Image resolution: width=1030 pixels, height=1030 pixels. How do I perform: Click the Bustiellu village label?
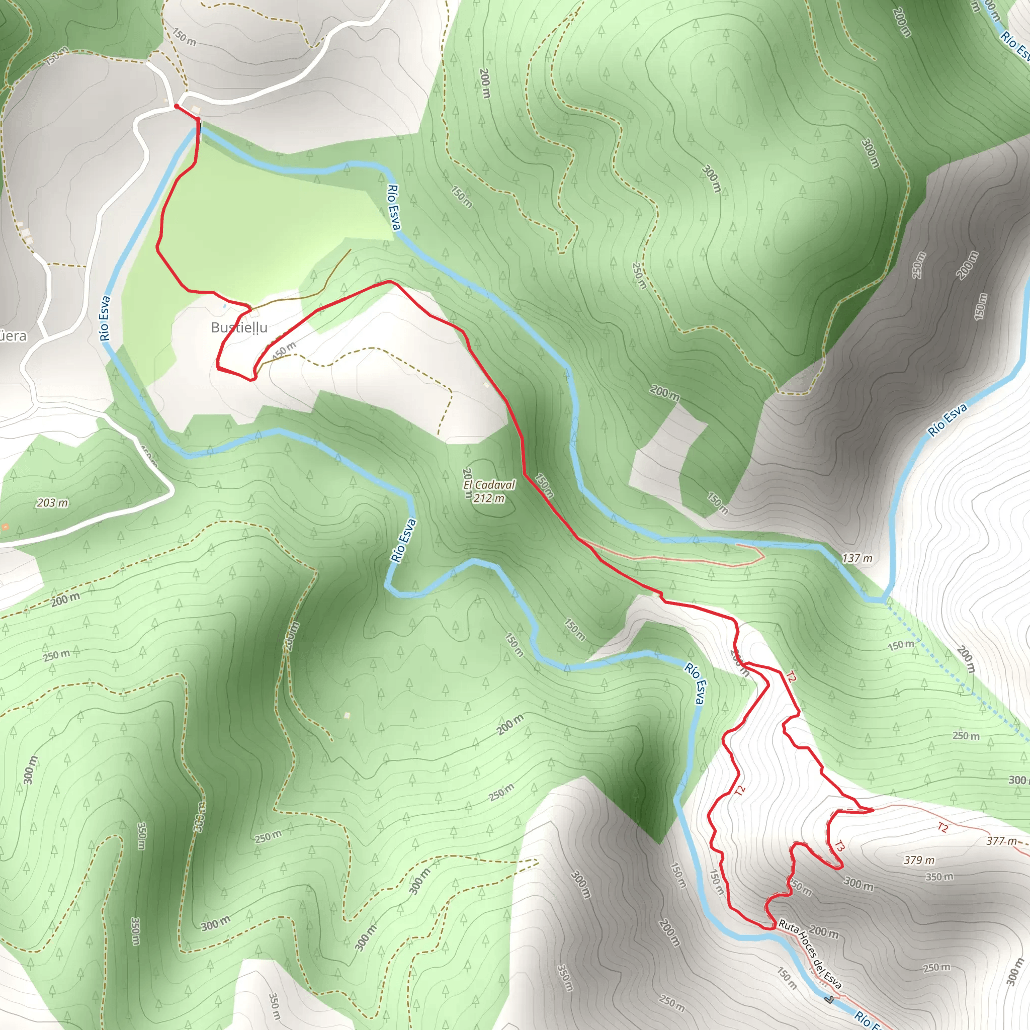pos(239,327)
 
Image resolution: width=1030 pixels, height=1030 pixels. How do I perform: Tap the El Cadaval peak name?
pos(489,485)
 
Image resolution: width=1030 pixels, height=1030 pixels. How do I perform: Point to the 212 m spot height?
pos(489,498)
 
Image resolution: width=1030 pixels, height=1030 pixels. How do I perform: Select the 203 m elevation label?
pos(52,503)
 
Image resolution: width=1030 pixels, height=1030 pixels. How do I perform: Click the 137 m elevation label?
pos(857,558)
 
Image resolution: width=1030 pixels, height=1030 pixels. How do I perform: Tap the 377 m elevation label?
pos(1001,841)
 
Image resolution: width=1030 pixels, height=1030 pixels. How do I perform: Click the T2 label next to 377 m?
pos(942,827)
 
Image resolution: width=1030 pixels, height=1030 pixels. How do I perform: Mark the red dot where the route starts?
pos(177,107)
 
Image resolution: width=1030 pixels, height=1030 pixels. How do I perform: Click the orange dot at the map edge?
pos(5,527)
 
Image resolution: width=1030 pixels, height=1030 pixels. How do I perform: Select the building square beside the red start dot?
pos(196,110)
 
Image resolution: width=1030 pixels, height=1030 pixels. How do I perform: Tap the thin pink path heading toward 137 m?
pos(677,558)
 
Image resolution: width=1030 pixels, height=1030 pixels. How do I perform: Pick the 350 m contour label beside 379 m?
pos(939,877)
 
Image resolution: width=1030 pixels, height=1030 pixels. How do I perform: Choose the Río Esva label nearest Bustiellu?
pos(105,318)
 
